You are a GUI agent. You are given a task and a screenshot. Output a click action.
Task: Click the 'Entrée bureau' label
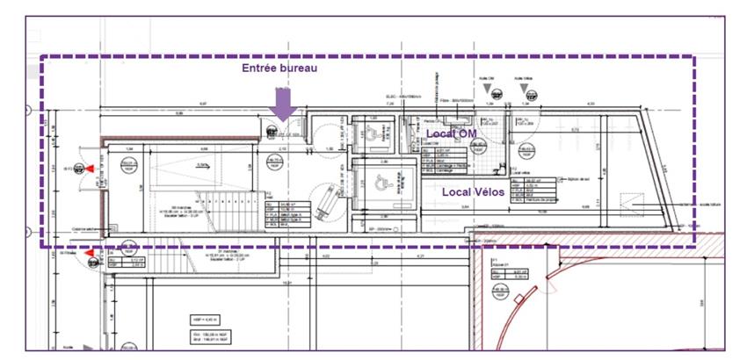(280, 68)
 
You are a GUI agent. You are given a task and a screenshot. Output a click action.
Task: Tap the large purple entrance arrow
(282, 104)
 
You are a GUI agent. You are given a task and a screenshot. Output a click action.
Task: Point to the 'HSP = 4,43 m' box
(201, 318)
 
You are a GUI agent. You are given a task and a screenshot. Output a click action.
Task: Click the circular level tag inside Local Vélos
(528, 151)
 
